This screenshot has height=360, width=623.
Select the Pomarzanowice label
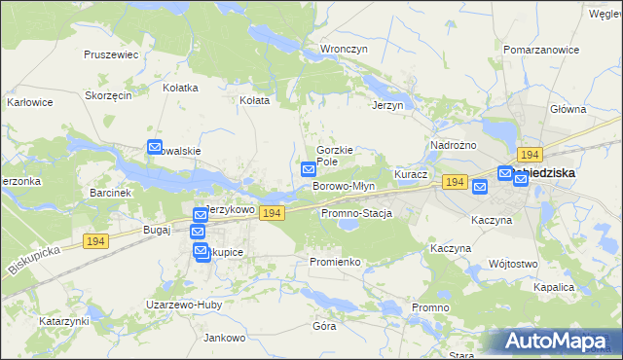coord(536,48)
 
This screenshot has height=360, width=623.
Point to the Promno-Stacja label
coord(355,213)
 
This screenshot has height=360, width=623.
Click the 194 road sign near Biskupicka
coord(95,241)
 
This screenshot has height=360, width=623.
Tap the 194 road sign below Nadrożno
coord(454,182)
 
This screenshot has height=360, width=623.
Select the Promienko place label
coord(335,263)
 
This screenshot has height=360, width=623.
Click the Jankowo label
coord(223,338)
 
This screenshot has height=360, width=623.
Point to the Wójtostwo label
coord(513,264)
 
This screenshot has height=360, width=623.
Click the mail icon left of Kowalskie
coord(155,148)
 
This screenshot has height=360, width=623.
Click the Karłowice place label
coord(29,101)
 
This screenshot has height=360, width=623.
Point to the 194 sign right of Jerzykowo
coord(272,213)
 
